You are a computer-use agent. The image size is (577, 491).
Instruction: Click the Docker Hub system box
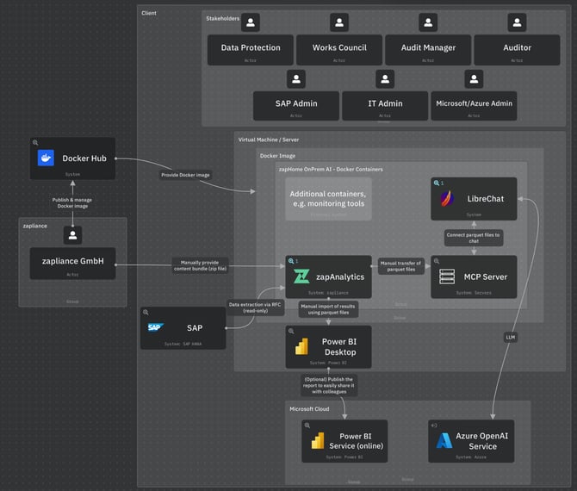(x=73, y=159)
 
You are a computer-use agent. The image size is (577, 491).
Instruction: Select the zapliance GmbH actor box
(x=72, y=263)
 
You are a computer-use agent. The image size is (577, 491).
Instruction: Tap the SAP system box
(x=183, y=329)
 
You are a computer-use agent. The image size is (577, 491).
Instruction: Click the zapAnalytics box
(x=328, y=277)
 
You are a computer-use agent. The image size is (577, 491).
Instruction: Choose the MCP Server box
(x=474, y=277)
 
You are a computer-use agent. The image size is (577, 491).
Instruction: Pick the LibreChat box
(x=474, y=200)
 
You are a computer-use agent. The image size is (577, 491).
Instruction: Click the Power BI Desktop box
(x=328, y=347)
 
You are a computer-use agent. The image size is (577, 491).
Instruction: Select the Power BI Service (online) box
(x=344, y=440)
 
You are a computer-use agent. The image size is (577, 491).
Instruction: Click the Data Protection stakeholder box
(x=251, y=49)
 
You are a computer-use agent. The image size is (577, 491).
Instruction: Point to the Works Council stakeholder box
(x=339, y=49)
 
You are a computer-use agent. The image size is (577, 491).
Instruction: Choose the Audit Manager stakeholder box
(x=428, y=49)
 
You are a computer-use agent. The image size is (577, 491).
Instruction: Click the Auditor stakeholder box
(x=517, y=49)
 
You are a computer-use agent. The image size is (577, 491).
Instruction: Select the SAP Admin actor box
(x=295, y=105)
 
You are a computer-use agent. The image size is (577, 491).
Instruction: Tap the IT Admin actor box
(x=384, y=105)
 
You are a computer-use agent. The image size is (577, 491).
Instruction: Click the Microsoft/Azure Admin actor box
(x=474, y=105)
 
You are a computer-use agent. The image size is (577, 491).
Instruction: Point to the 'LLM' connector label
(x=510, y=338)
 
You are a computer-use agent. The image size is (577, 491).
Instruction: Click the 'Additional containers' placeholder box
(x=328, y=199)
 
